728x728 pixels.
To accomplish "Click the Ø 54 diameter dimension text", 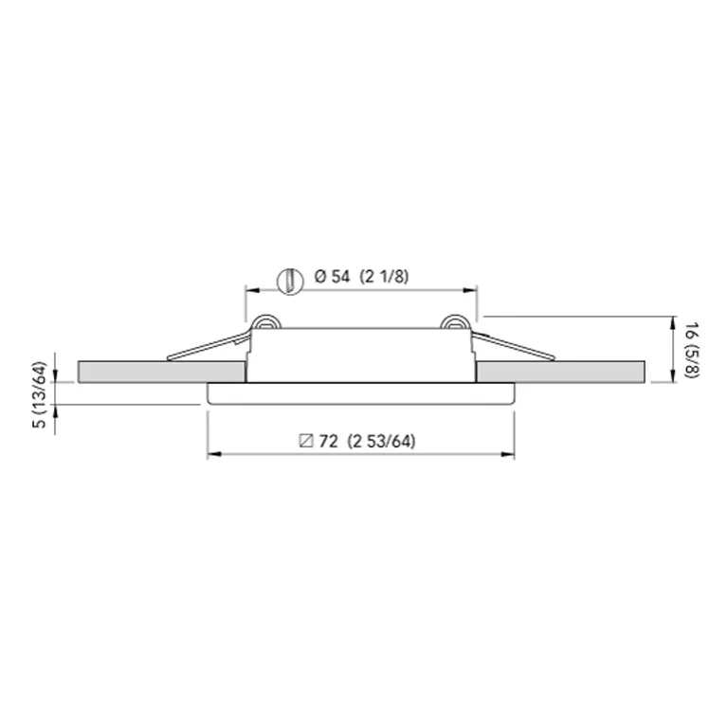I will click(x=331, y=277).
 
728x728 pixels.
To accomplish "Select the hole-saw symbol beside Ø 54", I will click(x=286, y=279).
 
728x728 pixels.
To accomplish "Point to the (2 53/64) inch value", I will click(x=382, y=441).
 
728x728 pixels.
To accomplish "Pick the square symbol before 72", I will click(x=305, y=441).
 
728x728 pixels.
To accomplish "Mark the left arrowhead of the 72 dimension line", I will click(x=213, y=455).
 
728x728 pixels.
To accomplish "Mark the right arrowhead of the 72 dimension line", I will click(x=509, y=455).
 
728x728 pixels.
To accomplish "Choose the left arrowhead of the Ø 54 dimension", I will click(x=251, y=289).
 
